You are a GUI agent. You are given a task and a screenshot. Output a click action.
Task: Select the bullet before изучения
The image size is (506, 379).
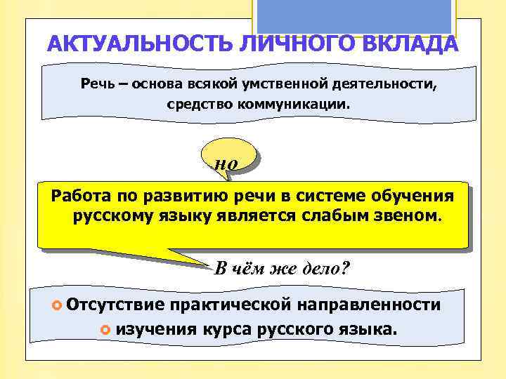click(x=105, y=328)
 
